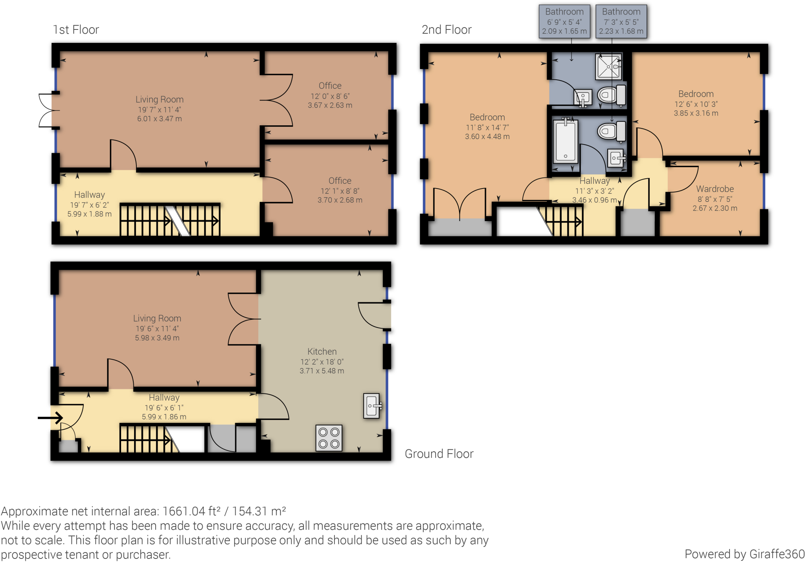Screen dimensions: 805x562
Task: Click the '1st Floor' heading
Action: (x=76, y=29)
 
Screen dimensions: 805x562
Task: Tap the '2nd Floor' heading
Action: (x=447, y=29)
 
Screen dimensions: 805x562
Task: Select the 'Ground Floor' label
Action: (x=439, y=454)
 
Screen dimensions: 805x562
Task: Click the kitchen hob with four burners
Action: (x=329, y=438)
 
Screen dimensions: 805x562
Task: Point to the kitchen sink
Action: (x=372, y=406)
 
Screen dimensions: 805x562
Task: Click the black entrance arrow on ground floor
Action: (x=50, y=417)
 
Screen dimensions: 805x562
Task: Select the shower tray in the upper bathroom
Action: (x=609, y=66)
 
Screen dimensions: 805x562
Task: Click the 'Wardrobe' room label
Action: (x=715, y=189)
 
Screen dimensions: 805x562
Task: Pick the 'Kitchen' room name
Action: (x=322, y=351)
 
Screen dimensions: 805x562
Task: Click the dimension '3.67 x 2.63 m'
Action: (x=330, y=105)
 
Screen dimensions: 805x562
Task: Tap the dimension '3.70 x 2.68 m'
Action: (x=340, y=200)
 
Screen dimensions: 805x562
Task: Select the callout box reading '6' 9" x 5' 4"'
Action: (x=564, y=21)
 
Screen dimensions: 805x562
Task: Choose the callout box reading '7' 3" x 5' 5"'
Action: (x=621, y=21)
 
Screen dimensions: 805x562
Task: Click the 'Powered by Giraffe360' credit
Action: (x=744, y=554)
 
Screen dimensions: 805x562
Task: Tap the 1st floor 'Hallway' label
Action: (x=90, y=194)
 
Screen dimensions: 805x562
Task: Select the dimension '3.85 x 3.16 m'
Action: (x=696, y=113)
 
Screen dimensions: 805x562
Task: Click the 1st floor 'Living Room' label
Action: (x=160, y=99)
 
